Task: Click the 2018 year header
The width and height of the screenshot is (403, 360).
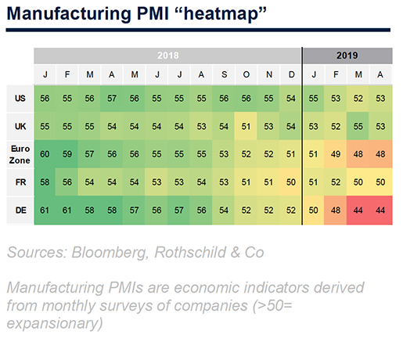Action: tap(168, 56)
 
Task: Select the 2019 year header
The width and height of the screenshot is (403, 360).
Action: tap(347, 56)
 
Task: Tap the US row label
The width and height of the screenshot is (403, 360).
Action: tap(20, 99)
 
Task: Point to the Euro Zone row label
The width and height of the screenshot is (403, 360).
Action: tap(20, 154)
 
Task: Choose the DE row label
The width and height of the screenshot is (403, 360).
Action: tap(20, 211)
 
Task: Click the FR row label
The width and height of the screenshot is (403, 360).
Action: tap(20, 182)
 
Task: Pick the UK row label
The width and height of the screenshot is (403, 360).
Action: tap(20, 126)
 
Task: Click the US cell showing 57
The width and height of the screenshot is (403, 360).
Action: tap(112, 99)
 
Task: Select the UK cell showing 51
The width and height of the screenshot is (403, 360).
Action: tap(246, 127)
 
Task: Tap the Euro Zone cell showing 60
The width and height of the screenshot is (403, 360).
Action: tap(45, 154)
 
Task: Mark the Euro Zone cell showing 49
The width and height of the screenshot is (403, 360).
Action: tap(336, 154)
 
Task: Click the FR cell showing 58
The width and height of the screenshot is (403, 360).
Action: tap(45, 182)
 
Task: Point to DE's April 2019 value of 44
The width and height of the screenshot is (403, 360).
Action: tap(380, 211)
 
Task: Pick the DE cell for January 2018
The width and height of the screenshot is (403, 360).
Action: tap(45, 211)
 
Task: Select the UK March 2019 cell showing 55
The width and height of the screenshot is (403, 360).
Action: tap(358, 127)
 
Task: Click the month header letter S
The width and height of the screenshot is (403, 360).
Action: tap(224, 74)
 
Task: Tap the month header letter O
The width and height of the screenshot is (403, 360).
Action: tap(246, 74)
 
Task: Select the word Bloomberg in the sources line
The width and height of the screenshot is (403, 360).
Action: tap(110, 253)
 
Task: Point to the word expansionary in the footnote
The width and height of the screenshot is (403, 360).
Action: tap(55, 323)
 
